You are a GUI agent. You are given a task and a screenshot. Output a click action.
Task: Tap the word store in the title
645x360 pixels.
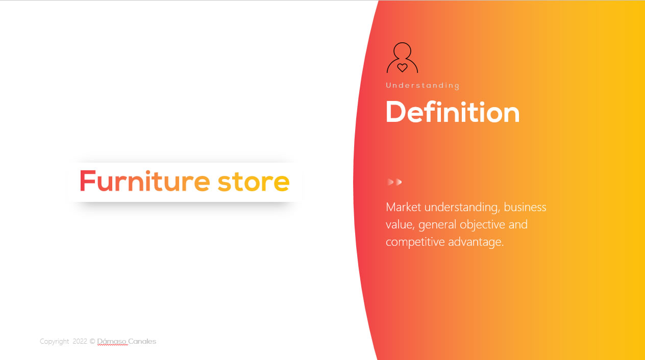[x=254, y=182]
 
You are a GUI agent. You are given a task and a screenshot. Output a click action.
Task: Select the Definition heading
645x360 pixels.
[x=453, y=112]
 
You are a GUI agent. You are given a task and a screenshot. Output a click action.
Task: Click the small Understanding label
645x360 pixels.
[x=423, y=86]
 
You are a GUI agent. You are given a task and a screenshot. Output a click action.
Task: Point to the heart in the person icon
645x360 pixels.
[x=402, y=68]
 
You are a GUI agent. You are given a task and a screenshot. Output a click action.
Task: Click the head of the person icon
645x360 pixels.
[x=402, y=51]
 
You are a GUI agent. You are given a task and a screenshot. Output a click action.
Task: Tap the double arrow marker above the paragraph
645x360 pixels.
[x=394, y=182]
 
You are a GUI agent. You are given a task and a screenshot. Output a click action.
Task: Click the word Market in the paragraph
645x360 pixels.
[x=404, y=207]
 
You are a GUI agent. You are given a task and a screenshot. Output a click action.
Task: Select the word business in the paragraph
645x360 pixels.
[x=525, y=207]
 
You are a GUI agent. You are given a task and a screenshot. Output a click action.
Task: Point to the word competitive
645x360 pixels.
[x=415, y=242]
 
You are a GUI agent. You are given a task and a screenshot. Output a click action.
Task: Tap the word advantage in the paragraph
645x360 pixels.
[x=476, y=242]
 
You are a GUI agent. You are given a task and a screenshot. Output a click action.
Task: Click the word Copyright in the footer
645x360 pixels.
[x=55, y=342]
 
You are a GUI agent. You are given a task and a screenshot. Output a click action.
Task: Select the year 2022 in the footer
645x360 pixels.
[x=80, y=341]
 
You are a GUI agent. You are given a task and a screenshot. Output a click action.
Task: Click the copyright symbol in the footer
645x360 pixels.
[x=92, y=341]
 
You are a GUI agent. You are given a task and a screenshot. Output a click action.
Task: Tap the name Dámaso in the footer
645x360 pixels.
[x=111, y=341]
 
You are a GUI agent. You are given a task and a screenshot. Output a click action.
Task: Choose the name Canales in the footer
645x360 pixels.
[x=142, y=341]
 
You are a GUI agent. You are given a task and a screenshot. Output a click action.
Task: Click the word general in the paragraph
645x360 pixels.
[x=437, y=225]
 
